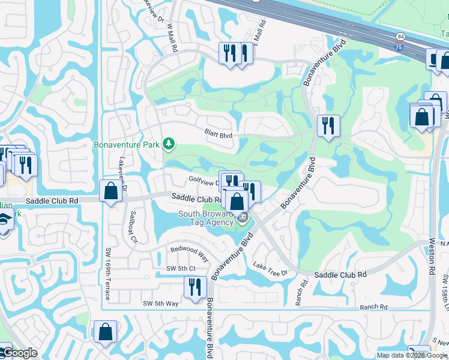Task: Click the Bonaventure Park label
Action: pos(127,145)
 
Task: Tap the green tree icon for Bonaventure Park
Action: pos(170,143)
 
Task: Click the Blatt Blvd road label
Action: pos(218,135)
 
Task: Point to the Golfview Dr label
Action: pos(203,179)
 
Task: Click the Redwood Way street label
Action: pos(189,251)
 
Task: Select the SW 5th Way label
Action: pos(161,304)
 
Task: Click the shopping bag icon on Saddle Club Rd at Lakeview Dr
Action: pos(111,191)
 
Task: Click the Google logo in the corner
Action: pos(19,353)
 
